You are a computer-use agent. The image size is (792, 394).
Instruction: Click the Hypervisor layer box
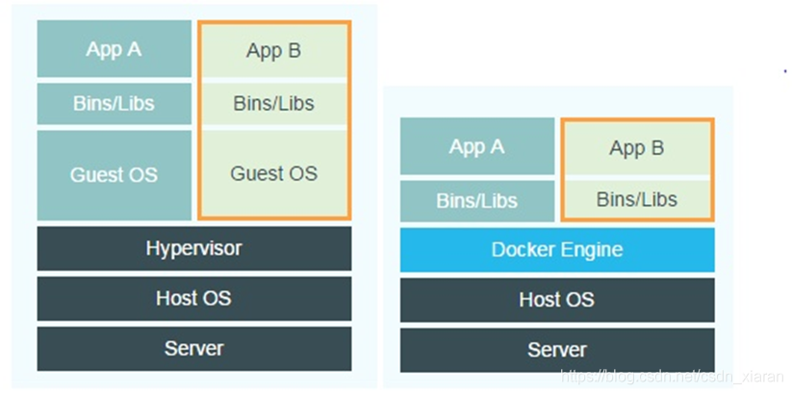[x=193, y=249]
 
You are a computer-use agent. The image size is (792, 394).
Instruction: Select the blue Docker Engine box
[x=557, y=250]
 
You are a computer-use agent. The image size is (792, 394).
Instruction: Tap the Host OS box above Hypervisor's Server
[x=193, y=299]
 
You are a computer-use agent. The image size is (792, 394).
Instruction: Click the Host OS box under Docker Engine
[x=557, y=300]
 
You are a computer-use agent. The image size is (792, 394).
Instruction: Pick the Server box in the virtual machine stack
[x=193, y=348]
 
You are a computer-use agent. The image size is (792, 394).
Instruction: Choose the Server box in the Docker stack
[x=557, y=349]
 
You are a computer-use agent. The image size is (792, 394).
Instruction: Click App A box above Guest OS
[x=114, y=49]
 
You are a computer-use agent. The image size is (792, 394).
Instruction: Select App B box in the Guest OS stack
[x=274, y=51]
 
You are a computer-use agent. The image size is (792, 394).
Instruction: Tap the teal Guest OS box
[x=114, y=174]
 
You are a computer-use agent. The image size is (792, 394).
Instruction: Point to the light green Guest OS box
[x=274, y=173]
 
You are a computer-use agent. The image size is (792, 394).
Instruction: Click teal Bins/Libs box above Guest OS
[x=114, y=103]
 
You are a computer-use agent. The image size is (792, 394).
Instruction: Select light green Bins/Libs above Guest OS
[x=274, y=103]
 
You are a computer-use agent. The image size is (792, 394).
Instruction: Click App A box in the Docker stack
[x=476, y=147]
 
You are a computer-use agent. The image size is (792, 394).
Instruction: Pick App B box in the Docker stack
[x=637, y=148]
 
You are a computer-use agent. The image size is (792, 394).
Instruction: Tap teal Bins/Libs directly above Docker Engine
[x=476, y=200]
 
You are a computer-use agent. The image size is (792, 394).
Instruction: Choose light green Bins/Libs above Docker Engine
[x=637, y=199]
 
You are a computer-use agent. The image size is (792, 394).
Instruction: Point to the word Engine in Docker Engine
[x=590, y=250]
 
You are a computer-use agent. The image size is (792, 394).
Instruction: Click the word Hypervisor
[x=193, y=249]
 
